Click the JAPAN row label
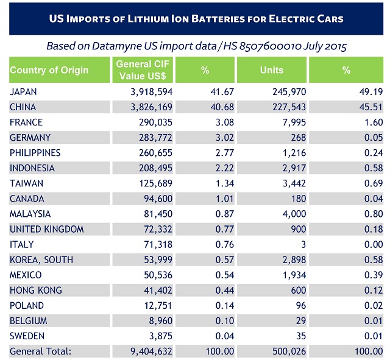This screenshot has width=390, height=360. [24, 91]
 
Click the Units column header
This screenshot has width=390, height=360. [271, 70]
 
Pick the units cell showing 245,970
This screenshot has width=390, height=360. [286, 91]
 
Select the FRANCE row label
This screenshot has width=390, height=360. [26, 122]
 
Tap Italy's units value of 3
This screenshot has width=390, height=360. [303, 244]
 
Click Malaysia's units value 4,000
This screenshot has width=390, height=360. [291, 214]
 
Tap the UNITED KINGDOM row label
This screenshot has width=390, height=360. [47, 229]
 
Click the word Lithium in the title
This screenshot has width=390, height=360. [154, 18]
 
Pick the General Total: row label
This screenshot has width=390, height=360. [41, 351]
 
